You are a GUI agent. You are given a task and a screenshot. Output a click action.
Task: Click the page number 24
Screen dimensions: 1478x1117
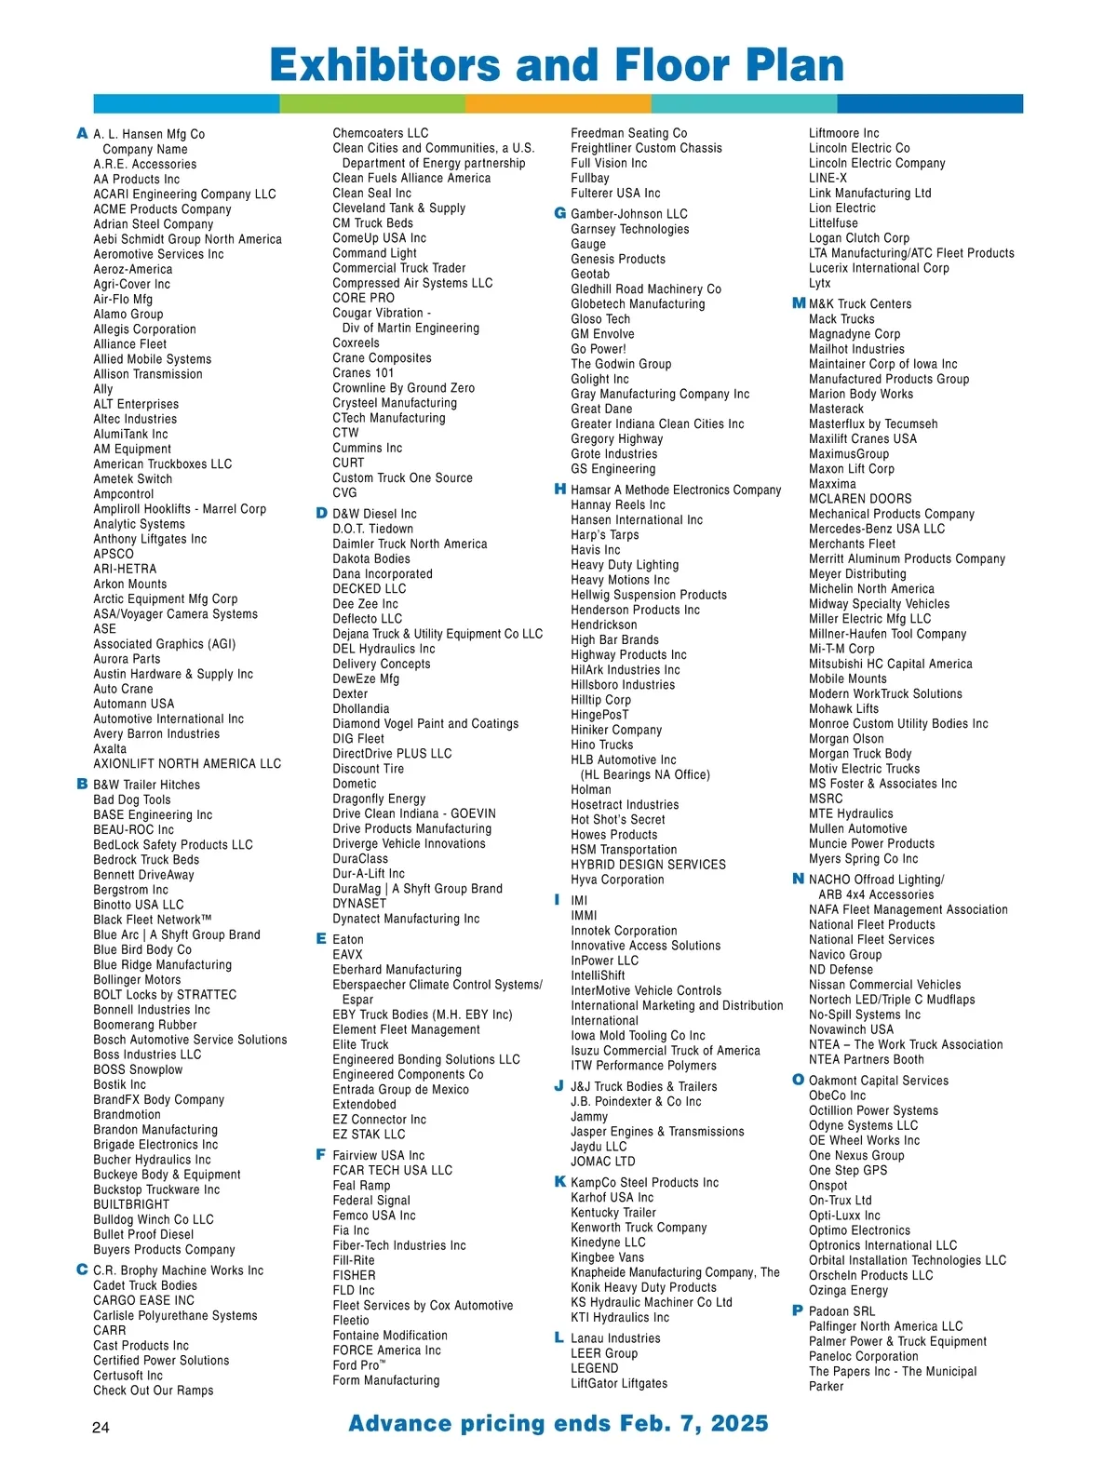(101, 1428)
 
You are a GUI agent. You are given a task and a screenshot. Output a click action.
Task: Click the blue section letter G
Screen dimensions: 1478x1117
(560, 213)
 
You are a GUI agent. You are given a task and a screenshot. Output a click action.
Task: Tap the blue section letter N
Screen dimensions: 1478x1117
(798, 879)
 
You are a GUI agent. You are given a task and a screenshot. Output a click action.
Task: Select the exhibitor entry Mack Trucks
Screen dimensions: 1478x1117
(841, 319)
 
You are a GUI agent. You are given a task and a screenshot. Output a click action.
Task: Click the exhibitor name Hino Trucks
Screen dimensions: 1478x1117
(601, 745)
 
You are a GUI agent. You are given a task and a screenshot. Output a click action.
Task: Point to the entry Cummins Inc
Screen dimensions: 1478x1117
(368, 448)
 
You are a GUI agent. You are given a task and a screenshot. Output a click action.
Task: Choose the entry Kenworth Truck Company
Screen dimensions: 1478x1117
(639, 1228)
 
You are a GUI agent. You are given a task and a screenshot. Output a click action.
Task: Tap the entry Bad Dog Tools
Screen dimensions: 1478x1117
(132, 799)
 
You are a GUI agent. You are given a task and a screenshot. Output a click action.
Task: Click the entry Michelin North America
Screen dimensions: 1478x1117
(871, 589)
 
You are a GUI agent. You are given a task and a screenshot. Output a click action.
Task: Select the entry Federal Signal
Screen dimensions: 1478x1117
(371, 1201)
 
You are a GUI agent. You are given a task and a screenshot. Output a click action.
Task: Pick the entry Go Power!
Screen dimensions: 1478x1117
(599, 349)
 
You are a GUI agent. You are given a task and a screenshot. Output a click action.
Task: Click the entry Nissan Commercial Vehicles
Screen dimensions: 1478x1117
(884, 985)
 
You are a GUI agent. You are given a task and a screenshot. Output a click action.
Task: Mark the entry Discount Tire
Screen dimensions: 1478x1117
(369, 769)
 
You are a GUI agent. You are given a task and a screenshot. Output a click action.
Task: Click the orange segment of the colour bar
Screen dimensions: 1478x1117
(558, 103)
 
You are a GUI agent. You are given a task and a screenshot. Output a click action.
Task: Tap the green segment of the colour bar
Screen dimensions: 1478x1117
(372, 103)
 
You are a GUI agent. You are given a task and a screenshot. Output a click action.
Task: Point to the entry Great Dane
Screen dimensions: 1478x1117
(601, 409)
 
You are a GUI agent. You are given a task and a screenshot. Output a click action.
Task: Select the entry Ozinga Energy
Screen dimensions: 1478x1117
(848, 1290)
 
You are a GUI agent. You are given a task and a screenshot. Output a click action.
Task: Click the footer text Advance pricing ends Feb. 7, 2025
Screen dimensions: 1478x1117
(558, 1423)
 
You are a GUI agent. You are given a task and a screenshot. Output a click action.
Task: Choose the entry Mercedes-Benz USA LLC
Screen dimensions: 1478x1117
(877, 529)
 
